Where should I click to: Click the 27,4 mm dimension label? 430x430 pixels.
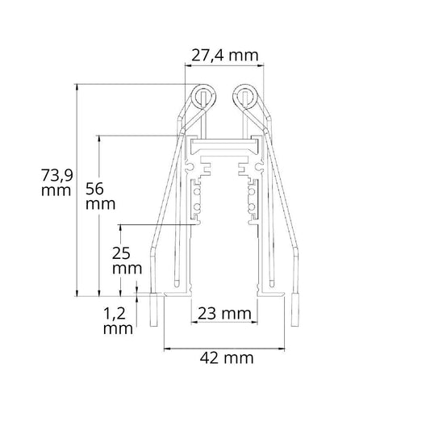[x=224, y=56]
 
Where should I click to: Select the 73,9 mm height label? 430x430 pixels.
[x=56, y=182]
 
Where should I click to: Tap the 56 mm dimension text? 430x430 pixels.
[x=100, y=196]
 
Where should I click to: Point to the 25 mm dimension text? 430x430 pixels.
[x=127, y=261]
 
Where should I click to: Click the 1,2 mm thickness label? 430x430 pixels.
[x=118, y=320]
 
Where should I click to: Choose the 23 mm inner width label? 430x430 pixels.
[x=224, y=314]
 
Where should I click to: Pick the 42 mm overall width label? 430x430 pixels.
[x=227, y=358]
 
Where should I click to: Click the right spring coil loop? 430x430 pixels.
[x=245, y=97]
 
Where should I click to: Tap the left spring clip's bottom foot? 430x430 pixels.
[x=154, y=310]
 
